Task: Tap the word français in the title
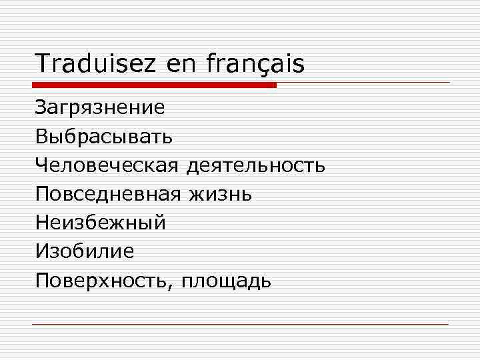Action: pyautogui.click(x=255, y=64)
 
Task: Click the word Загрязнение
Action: pyautogui.click(x=100, y=108)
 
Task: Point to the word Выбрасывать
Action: pyautogui.click(x=105, y=137)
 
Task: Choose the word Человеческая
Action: pyautogui.click(x=107, y=165)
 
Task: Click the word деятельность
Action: pyautogui.click(x=256, y=165)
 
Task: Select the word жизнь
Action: pyautogui.click(x=221, y=194)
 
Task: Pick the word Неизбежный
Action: pyautogui.click(x=101, y=223)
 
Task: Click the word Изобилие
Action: pyautogui.click(x=85, y=251)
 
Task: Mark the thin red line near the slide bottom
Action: pyautogui.click(x=240, y=324)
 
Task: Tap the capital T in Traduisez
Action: pyautogui.click(x=42, y=64)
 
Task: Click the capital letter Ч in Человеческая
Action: pyautogui.click(x=42, y=165)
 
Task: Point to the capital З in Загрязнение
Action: pyautogui.click(x=41, y=108)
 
